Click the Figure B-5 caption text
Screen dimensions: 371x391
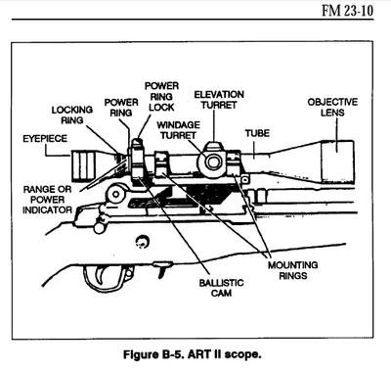pos(195,350)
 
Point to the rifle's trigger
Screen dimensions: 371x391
pos(105,279)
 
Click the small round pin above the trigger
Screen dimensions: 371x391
pos(143,240)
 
